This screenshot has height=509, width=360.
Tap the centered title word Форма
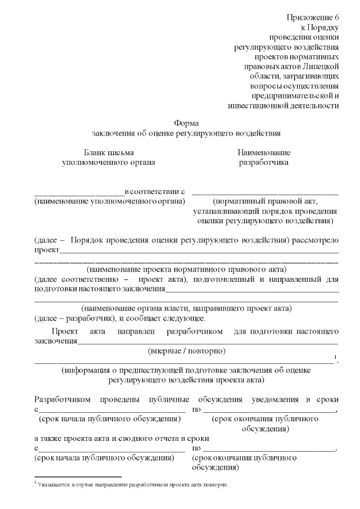[186, 123]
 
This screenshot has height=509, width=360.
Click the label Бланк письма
[109, 152]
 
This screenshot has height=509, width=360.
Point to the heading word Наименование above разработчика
[264, 152]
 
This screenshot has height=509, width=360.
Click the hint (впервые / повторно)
[186, 351]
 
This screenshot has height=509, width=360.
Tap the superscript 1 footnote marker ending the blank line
[335, 358]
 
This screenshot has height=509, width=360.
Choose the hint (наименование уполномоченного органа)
[110, 201]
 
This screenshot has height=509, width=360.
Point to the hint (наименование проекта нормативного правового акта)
[186, 269]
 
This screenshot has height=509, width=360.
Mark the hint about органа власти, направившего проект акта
[186, 308]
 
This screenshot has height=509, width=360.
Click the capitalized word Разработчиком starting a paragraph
[62, 399]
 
